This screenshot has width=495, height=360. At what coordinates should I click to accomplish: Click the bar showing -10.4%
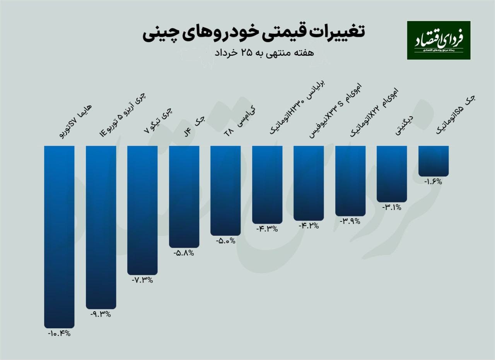pyautogui.click(x=59, y=236)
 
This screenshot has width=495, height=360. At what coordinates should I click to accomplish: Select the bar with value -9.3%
pyautogui.click(x=101, y=226)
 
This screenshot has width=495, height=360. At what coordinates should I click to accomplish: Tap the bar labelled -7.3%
pyautogui.click(x=142, y=209)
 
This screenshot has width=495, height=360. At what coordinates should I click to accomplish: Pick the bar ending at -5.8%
pyautogui.click(x=184, y=195)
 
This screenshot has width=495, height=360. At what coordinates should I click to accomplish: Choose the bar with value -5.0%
pyautogui.click(x=225, y=190)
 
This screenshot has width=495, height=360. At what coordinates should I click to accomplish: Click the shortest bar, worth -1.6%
pyautogui.click(x=434, y=161)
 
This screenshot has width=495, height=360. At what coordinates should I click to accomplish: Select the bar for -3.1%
pyautogui.click(x=392, y=173)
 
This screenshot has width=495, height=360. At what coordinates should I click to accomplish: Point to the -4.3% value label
pyautogui.click(x=267, y=229)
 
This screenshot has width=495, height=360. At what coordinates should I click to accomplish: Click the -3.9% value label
pyautogui.click(x=350, y=221)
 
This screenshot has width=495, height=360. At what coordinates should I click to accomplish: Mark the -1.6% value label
pyautogui.click(x=433, y=182)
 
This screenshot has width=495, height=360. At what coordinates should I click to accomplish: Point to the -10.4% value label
pyautogui.click(x=59, y=333)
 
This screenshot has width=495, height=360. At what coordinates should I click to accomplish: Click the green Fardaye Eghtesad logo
pyautogui.click(x=439, y=40)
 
